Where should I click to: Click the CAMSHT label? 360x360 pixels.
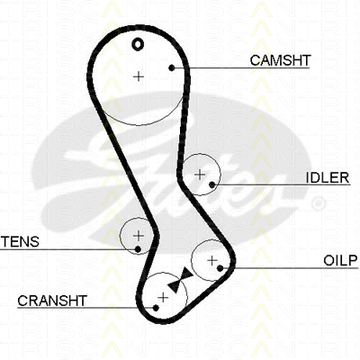coord(280,60)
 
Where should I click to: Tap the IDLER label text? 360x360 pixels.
coord(328,178)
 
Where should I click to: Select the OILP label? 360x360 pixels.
coord(341,261)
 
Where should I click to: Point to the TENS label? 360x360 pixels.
coord(21,241)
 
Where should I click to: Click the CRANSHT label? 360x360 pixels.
coord(52,301)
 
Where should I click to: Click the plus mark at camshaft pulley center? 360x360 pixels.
coord(139,76)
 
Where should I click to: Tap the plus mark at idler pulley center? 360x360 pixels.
coord(200,175)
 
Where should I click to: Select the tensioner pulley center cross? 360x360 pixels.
coord(139,236)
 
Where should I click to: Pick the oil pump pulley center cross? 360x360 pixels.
coord(212,260)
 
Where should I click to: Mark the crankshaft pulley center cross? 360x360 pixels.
coord(163,298)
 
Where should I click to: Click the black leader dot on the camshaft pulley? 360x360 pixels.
coord(172,68)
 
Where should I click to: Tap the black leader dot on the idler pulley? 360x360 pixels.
coord(212,184)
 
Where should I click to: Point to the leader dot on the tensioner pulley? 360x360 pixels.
coord(138,249)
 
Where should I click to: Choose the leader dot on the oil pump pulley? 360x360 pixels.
coord(220,268)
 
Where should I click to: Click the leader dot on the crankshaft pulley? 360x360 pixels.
coord(156,308)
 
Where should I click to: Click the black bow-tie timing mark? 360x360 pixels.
coord(180,281)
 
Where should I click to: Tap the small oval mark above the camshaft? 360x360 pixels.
coord(138,44)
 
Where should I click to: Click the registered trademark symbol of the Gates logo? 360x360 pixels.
coord(319,203)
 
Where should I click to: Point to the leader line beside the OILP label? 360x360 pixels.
coord(289,267)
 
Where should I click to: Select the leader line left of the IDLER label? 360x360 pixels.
coord(281,184)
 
